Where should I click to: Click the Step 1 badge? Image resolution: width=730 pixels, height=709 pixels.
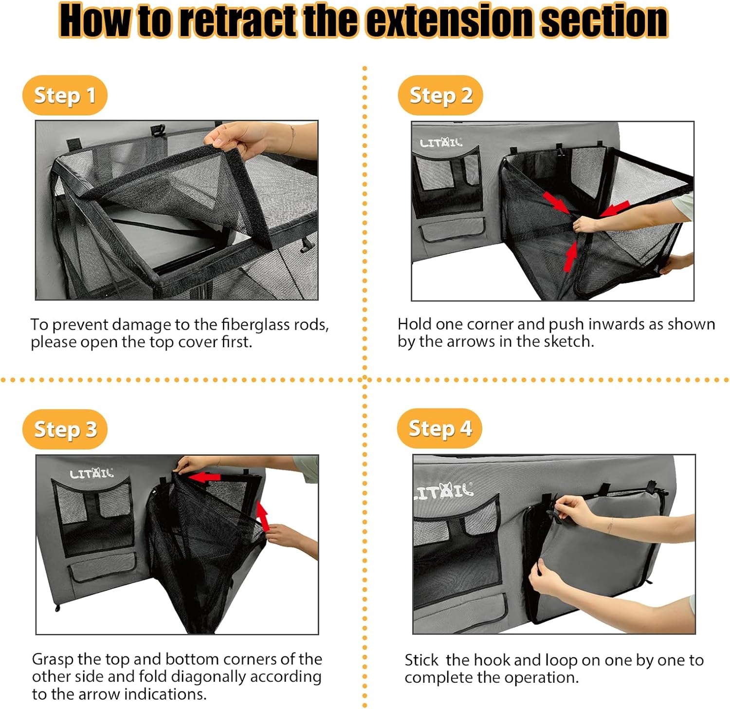(65, 95)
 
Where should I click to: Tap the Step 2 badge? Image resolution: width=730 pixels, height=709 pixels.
(440, 95)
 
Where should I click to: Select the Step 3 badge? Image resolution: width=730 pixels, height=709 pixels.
(65, 429)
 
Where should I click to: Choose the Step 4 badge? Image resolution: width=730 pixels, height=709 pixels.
(439, 429)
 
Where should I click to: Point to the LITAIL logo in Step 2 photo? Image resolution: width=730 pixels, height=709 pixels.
(441, 143)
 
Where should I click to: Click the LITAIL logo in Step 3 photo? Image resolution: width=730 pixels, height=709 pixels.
(91, 473)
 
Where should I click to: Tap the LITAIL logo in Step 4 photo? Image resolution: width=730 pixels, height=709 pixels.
(443, 491)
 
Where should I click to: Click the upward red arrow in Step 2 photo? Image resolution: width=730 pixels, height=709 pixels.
(570, 256)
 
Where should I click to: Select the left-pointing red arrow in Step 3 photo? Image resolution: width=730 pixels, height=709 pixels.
(204, 477)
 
